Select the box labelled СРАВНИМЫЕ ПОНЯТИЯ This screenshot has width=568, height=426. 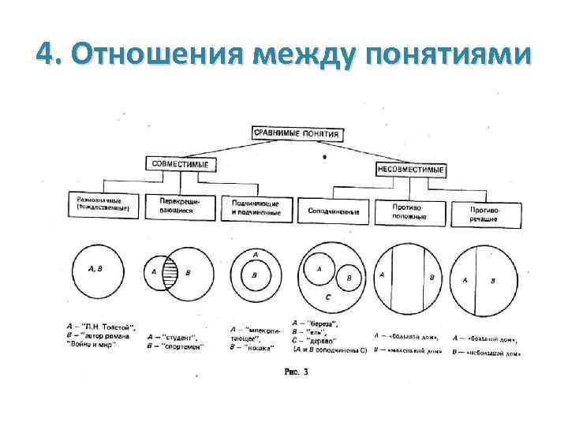tap(297, 133)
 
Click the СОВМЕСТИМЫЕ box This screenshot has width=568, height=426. tap(179, 163)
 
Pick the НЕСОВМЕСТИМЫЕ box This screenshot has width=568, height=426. tap(410, 169)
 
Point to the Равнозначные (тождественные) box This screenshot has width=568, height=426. tap(103, 205)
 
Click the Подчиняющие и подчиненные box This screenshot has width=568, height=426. tap(256, 208)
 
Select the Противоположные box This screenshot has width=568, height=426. tap(411, 211)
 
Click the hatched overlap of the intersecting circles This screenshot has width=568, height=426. tap(168, 272)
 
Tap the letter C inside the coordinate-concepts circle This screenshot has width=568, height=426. tap(328, 297)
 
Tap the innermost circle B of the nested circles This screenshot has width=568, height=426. tap(256, 276)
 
